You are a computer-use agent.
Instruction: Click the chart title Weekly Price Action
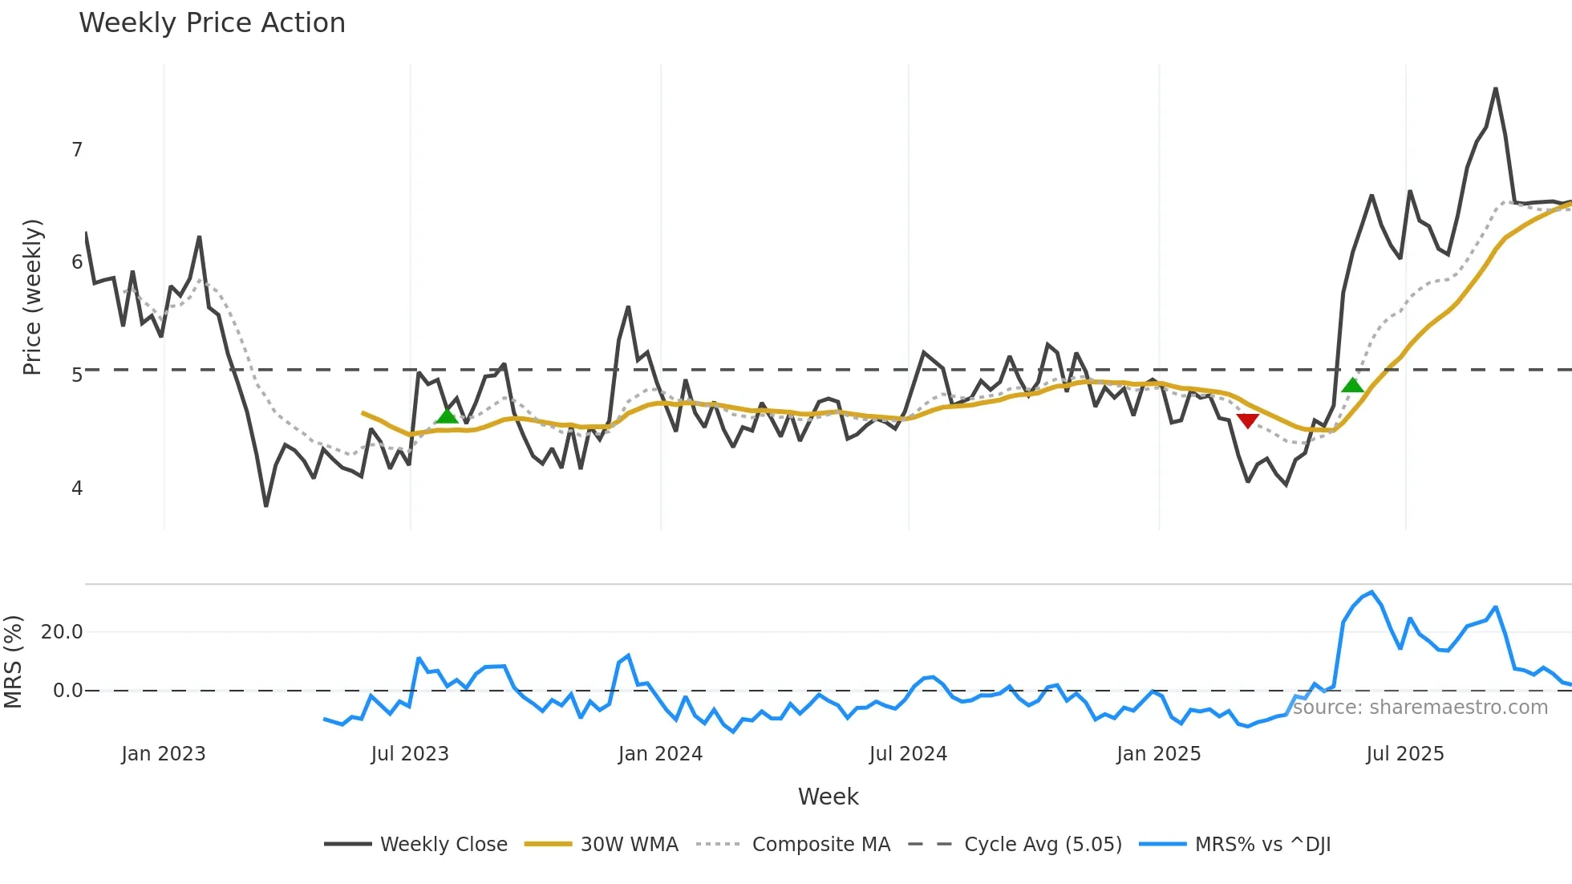pos(212,23)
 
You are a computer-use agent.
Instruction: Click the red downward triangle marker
pos(1247,420)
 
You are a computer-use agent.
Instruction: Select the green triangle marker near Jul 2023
pos(448,415)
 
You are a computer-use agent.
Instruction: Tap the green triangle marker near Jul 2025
pos(1352,385)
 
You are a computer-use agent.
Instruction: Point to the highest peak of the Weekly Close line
pos(1496,89)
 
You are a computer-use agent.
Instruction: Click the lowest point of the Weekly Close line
pos(265,505)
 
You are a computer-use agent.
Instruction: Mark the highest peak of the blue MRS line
pos(1372,593)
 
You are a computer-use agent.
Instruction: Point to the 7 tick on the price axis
pos(77,150)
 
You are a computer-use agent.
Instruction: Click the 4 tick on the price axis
pos(77,488)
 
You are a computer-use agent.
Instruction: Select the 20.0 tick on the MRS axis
pos(62,632)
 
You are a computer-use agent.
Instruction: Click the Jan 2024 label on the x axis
pos(660,754)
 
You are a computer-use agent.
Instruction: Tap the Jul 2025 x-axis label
pos(1404,754)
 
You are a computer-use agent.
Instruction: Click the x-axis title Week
pos(828,797)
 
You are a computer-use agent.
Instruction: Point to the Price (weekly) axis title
pos(32,297)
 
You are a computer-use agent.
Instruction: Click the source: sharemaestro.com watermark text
pos(1420,708)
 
